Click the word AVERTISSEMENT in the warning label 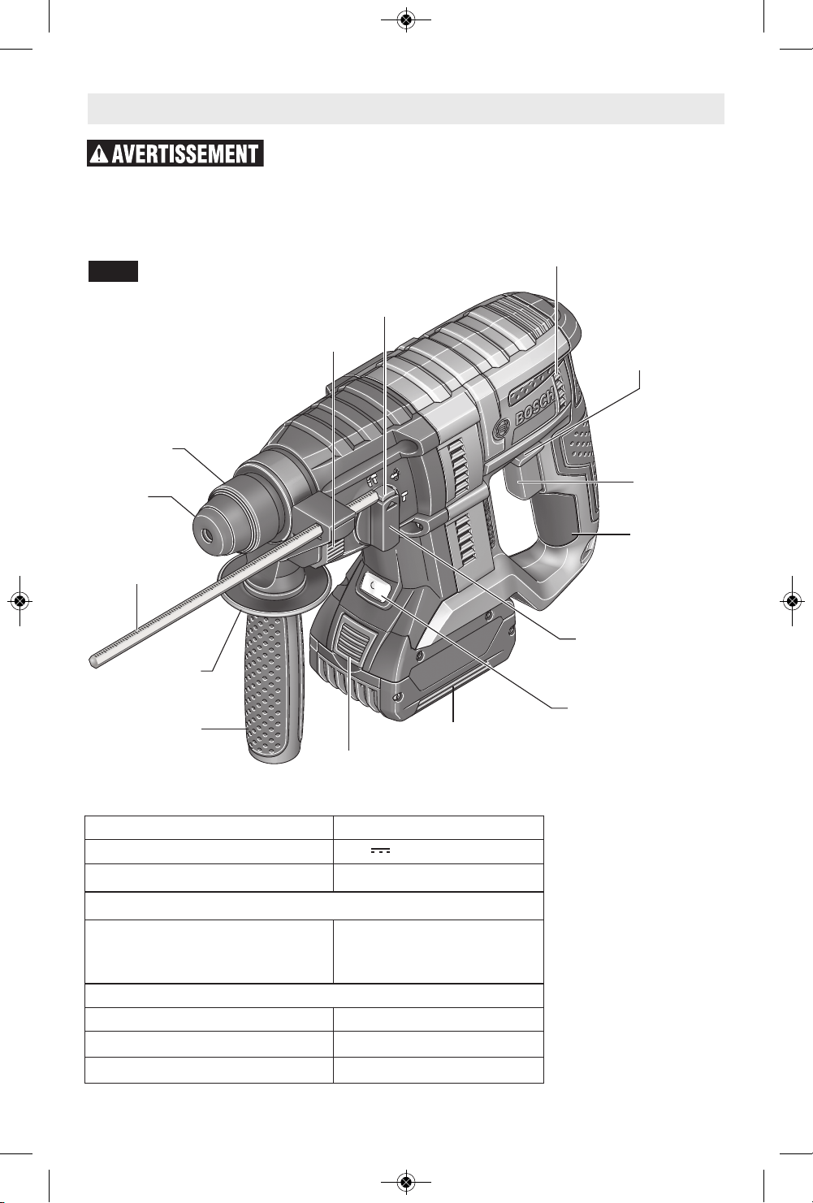tap(185, 154)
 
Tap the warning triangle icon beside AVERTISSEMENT tap(99, 154)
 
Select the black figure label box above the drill tap(114, 271)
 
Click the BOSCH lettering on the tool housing tap(535, 408)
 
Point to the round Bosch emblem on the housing tap(502, 429)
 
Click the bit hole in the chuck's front tap(206, 535)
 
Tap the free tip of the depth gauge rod tap(93, 662)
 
